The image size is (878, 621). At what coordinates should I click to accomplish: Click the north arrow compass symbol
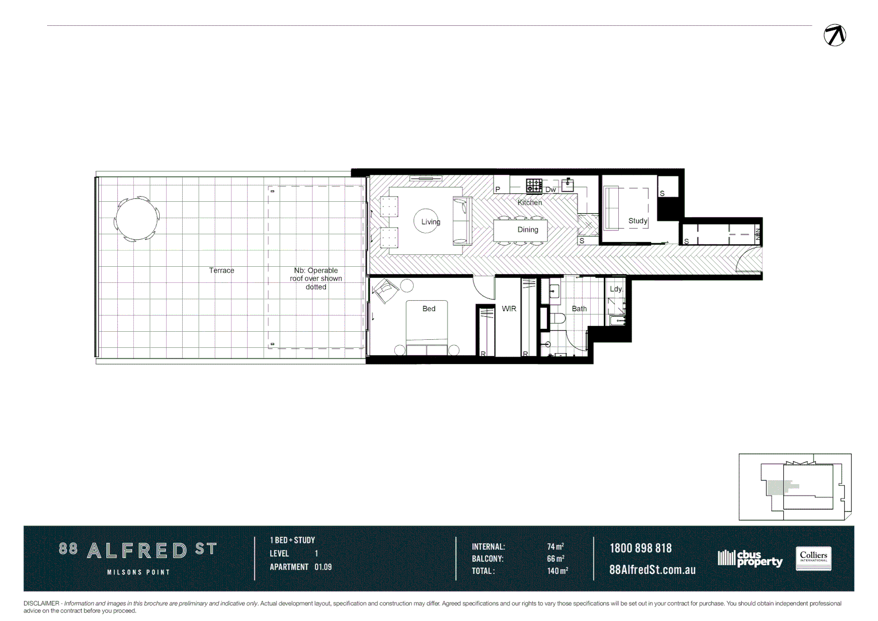point(834,35)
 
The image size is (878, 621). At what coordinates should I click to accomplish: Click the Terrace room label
point(221,270)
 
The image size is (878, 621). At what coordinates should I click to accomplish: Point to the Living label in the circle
point(430,221)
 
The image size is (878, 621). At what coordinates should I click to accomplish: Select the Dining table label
point(527,229)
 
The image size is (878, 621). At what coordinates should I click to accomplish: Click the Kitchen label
point(529,202)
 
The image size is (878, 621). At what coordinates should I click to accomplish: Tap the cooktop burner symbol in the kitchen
point(534,186)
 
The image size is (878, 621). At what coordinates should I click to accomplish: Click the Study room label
point(637,221)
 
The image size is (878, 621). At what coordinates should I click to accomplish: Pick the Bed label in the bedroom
point(429,309)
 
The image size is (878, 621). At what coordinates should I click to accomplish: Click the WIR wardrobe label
point(509,309)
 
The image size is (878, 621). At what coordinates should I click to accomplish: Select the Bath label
point(579,309)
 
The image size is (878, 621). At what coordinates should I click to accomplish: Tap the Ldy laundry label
point(615,289)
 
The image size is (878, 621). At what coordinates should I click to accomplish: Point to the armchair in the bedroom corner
point(385,290)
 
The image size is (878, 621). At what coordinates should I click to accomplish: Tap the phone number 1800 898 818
point(640,548)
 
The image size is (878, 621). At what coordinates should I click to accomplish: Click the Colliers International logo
point(813,558)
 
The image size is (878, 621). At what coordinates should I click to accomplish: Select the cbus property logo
point(750,558)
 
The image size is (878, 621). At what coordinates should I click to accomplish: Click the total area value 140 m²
point(557,571)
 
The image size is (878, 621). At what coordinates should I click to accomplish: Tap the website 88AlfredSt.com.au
point(652,570)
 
